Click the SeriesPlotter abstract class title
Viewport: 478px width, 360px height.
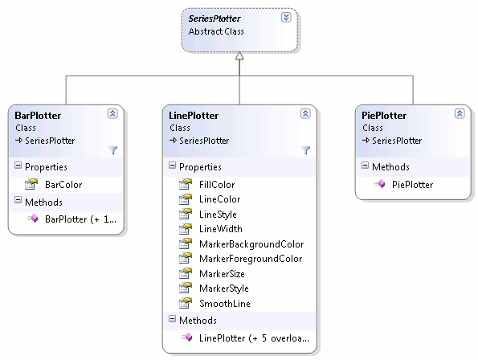tap(214, 18)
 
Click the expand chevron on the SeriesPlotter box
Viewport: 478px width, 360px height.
tap(286, 18)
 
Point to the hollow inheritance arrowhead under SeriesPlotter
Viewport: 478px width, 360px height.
tap(239, 55)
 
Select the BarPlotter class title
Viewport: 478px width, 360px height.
tap(38, 116)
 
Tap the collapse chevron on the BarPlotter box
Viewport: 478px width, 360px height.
tap(112, 113)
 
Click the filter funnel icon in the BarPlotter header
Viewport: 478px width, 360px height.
tap(113, 150)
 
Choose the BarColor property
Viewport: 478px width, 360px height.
tap(63, 185)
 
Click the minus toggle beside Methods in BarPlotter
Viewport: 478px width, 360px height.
tap(18, 200)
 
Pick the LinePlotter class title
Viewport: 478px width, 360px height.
tap(194, 116)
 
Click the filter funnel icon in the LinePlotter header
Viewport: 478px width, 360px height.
tap(306, 150)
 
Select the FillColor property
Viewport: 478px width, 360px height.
tap(217, 185)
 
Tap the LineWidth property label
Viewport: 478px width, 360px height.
tap(221, 229)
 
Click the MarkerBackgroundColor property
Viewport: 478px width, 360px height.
tap(251, 244)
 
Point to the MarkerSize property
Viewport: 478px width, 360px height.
tap(222, 274)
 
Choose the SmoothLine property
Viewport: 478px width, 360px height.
tap(225, 304)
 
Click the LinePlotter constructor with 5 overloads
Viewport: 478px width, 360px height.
tap(254, 338)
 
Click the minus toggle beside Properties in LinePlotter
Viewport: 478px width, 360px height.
tap(172, 166)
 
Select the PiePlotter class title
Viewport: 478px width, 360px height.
tap(384, 116)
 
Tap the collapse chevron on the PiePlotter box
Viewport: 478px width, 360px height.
tap(460, 113)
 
